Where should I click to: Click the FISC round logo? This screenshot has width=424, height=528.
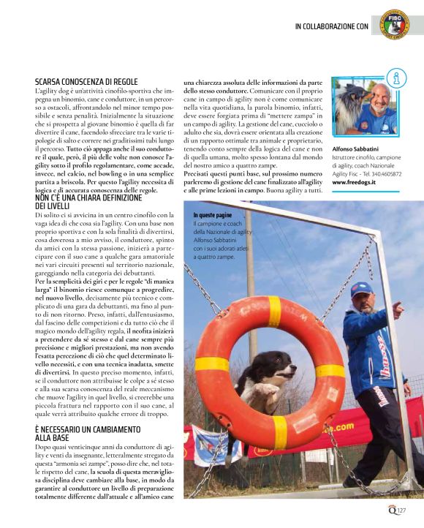[395, 26]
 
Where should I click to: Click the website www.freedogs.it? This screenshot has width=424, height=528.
[354, 182]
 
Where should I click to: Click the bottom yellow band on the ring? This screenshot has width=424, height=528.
[280, 431]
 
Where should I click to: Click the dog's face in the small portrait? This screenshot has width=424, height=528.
[346, 110]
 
